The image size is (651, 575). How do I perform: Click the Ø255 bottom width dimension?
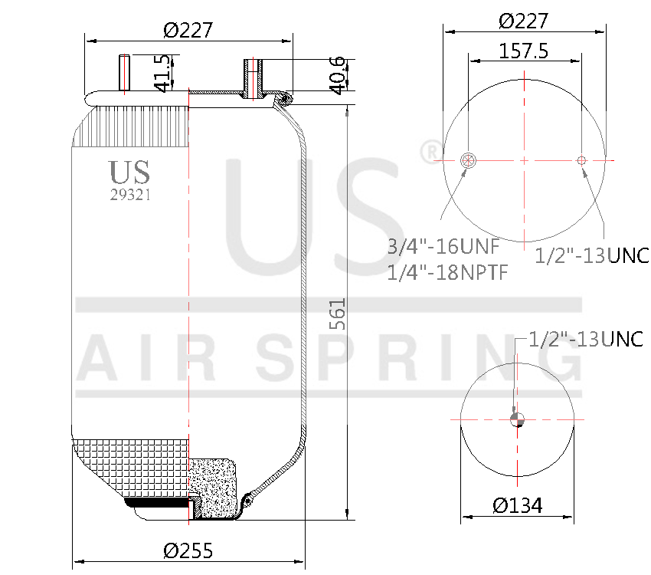coord(188,550)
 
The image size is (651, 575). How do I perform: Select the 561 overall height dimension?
coord(338,314)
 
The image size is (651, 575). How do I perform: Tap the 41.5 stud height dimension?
coord(162,73)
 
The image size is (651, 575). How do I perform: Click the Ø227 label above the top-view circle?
coord(523,21)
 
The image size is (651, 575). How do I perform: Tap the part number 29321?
coord(130,195)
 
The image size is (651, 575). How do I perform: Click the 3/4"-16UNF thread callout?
coord(443,247)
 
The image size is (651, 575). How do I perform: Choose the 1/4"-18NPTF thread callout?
coord(447,271)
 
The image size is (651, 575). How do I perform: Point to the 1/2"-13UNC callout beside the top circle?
coord(591,255)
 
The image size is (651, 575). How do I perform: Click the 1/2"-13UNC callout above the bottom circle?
coord(586,339)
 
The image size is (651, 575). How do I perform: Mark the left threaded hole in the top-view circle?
coord(469,160)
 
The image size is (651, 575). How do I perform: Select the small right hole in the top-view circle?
coord(581,160)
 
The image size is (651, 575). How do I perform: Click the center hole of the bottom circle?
coord(518,419)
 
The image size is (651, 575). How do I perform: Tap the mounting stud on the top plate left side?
coord(124,73)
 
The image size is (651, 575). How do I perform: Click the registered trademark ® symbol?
coord(431,152)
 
